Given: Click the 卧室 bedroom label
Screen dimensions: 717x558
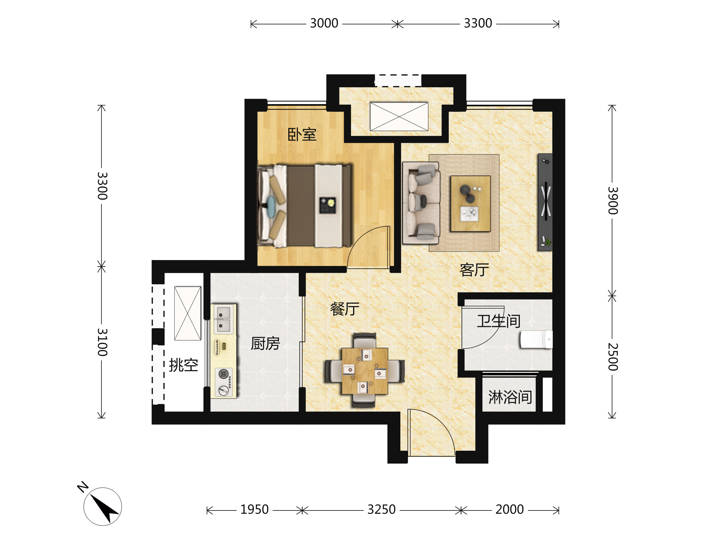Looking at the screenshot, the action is [302, 134].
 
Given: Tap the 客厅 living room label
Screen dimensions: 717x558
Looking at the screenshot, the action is [474, 270].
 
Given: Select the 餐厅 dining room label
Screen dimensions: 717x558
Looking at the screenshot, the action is [345, 309].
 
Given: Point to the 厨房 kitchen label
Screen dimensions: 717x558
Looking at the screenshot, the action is [265, 343].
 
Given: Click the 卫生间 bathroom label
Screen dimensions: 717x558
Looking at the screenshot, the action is [499, 321].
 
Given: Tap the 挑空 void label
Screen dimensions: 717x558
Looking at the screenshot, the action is [183, 365].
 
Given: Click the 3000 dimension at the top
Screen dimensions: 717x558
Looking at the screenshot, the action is [324, 23].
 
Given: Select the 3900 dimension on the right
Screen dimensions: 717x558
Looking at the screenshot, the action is [613, 201].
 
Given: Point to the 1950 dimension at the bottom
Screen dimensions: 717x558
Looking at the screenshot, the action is [255, 509].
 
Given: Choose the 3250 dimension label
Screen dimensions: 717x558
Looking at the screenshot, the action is [382, 509].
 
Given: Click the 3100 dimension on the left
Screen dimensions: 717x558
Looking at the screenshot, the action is [102, 342].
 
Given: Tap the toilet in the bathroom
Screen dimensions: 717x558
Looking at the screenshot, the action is [536, 339].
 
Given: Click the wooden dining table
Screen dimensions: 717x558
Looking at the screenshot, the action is [365, 371].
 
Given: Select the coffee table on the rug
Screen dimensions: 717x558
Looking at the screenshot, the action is [471, 204].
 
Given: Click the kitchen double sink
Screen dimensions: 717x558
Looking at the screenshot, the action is [223, 319].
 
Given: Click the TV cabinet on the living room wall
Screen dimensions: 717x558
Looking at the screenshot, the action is [545, 202].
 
